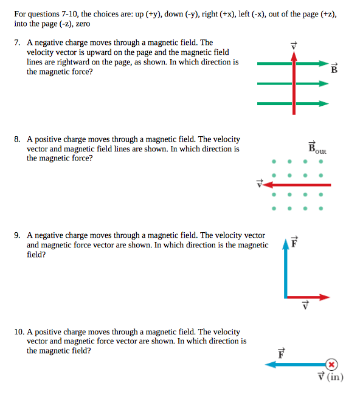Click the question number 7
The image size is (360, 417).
point(18,43)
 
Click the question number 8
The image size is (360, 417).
point(18,140)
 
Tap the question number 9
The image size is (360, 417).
point(18,235)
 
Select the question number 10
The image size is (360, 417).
point(19,332)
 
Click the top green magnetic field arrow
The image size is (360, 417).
point(292,63)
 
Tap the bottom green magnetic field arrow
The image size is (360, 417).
point(292,104)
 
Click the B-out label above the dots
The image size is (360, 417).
point(317,148)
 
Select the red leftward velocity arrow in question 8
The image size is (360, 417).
point(299,184)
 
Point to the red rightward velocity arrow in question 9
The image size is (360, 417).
point(308,297)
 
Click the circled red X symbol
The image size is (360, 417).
point(331,364)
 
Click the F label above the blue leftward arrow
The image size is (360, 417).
point(281,352)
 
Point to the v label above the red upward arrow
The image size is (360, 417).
point(294,45)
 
